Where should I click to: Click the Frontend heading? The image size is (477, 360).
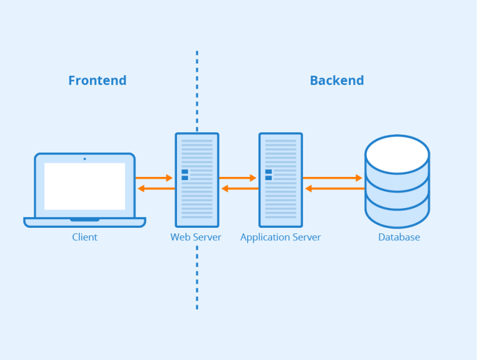tap(97, 81)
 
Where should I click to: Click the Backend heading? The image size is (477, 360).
tap(337, 81)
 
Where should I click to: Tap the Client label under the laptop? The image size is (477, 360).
tap(84, 237)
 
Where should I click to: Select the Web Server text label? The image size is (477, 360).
tap(196, 237)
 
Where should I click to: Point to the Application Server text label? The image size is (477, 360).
tap(281, 237)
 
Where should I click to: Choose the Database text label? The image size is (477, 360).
tap(399, 237)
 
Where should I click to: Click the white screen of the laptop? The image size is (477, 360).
tap(84, 186)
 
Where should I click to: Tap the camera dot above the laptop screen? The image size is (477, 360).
tap(84, 158)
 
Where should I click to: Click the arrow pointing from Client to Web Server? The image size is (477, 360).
tap(154, 178)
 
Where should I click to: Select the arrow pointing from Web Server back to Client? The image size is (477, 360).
tap(155, 188)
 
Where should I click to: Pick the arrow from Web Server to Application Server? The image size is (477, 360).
tap(238, 178)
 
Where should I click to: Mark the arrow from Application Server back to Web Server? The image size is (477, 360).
tap(239, 188)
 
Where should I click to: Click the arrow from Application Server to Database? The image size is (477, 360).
tap(332, 178)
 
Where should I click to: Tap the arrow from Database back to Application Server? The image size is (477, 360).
tap(334, 188)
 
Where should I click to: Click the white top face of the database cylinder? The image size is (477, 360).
tap(397, 154)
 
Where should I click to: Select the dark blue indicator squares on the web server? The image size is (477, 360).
tap(184, 175)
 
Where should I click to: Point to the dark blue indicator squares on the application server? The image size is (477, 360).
tap(268, 175)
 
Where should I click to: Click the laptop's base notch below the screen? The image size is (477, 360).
tap(84, 220)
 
